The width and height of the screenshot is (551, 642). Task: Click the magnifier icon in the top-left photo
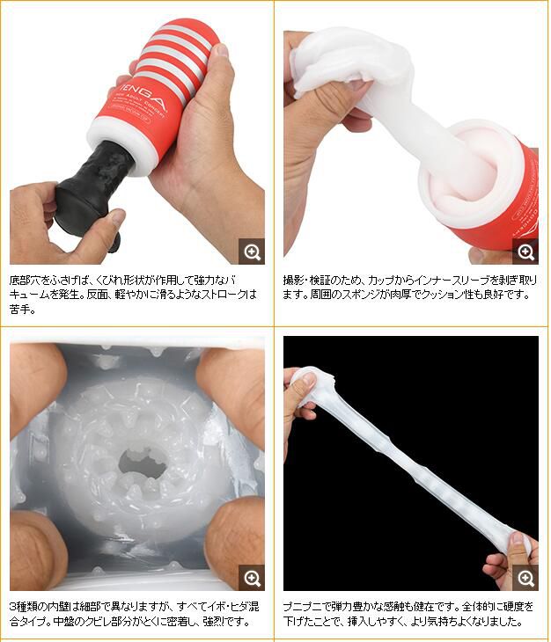252,252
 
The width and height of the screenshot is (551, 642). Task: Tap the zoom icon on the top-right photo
525,252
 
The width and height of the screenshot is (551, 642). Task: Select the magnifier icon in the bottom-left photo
252,578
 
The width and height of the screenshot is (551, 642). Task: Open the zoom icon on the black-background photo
525,578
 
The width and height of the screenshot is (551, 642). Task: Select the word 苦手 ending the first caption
18,309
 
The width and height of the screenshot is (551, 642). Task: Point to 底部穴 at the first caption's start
24,281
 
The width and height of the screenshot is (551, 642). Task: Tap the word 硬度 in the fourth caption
515,607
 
